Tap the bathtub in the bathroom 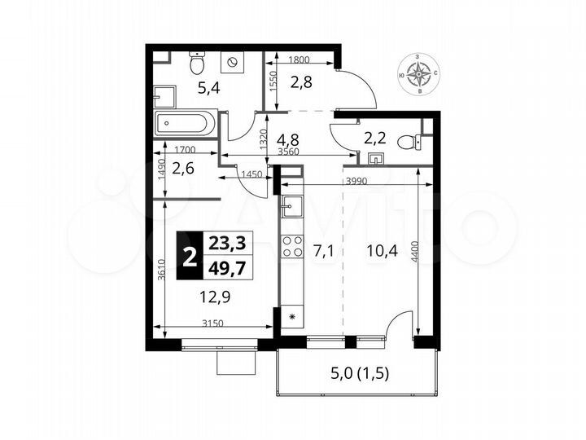point(186,125)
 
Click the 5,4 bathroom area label point(188,87)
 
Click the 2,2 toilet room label point(374,138)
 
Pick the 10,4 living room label point(377,250)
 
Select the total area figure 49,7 point(225,268)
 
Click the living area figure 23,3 point(225,244)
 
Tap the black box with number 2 point(190,256)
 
